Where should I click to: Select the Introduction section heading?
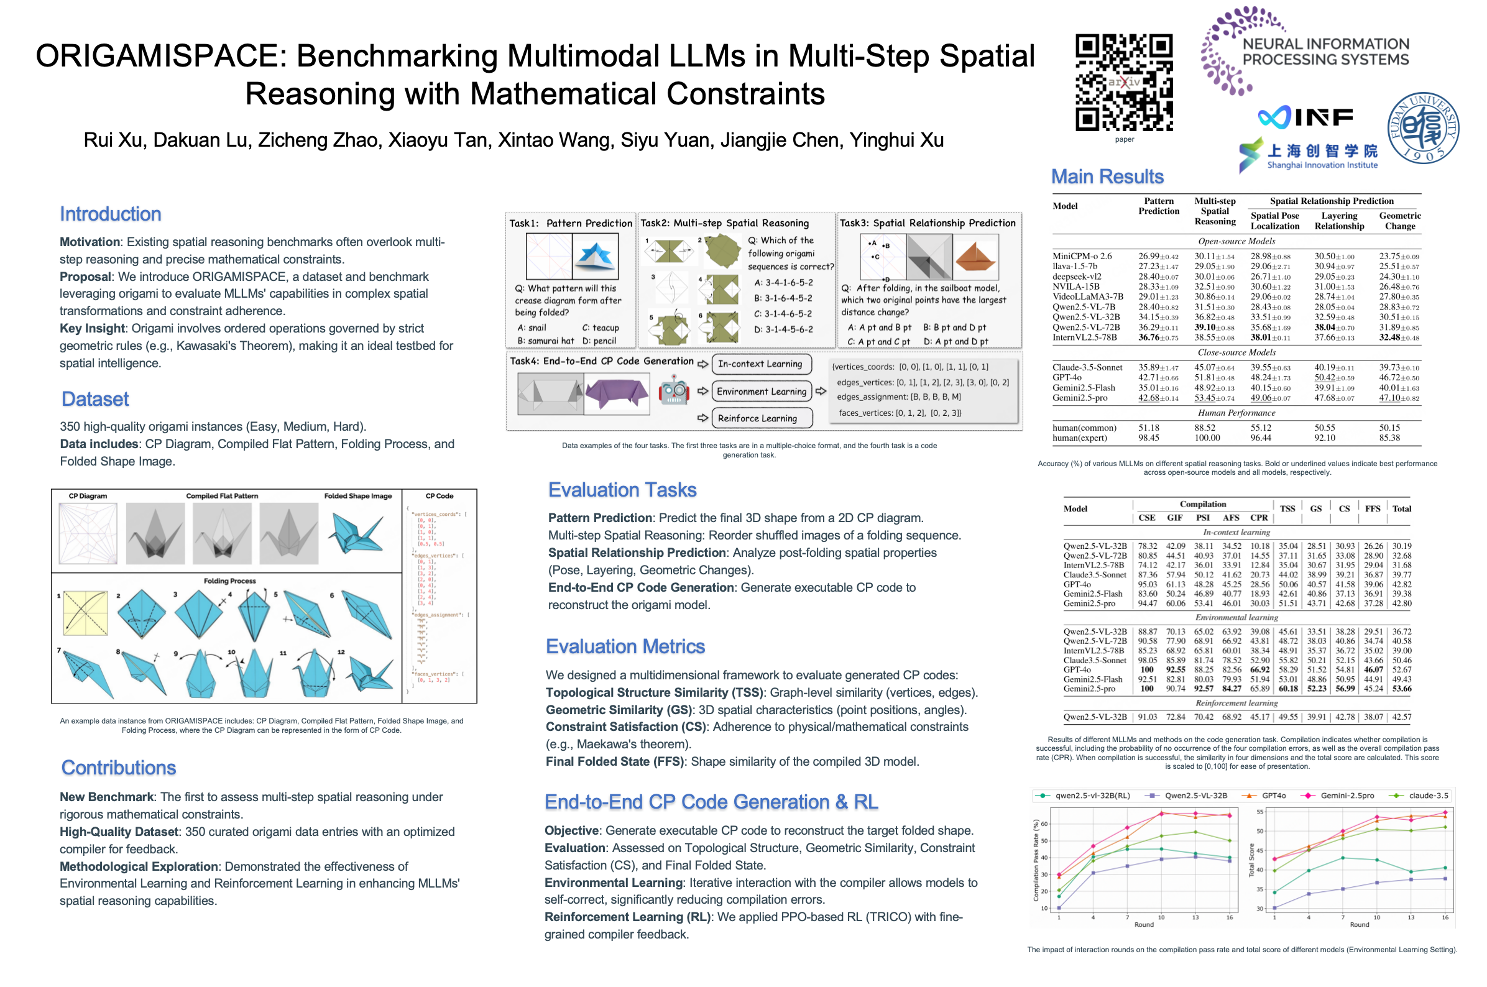(110, 214)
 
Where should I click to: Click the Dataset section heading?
(95, 399)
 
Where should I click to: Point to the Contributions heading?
(118, 768)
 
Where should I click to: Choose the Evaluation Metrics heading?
(625, 646)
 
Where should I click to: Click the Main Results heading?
(1107, 177)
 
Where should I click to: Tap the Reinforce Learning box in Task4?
(760, 418)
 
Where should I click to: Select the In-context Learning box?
(760, 364)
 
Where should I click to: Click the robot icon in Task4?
(673, 391)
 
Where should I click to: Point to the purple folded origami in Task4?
(615, 392)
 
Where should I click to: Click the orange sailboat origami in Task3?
(975, 257)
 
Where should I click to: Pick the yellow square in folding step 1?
(86, 612)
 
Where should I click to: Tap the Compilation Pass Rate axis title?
(1036, 860)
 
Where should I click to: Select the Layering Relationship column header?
(1338, 221)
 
